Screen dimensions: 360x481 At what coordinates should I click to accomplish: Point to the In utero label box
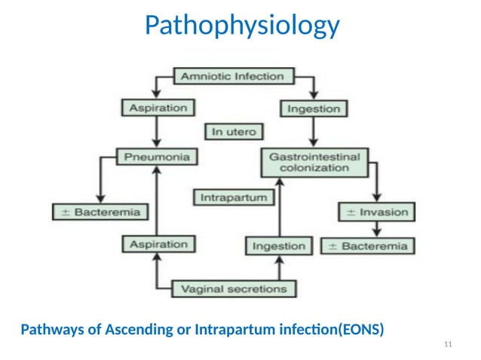[x=233, y=132]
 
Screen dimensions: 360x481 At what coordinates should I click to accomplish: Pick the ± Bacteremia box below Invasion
[x=366, y=246]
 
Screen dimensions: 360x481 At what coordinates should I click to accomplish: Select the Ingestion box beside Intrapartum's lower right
[x=279, y=246]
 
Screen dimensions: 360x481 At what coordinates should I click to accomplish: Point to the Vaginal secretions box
[x=234, y=288]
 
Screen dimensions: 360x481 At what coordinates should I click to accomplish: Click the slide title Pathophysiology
[x=241, y=26]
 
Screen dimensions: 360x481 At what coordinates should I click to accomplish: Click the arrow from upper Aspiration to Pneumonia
[x=156, y=133]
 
